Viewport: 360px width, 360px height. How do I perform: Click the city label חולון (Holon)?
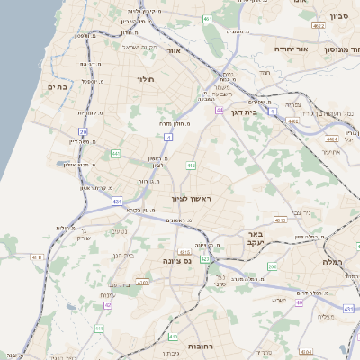146,80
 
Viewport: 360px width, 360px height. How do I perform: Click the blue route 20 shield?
84,131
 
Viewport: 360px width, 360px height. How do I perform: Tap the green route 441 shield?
116,154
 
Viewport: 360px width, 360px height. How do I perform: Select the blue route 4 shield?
168,137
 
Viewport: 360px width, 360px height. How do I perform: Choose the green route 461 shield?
209,18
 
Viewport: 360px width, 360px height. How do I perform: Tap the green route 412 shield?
191,166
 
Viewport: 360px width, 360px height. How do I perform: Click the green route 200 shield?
273,267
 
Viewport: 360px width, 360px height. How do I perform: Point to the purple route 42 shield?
109,305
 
